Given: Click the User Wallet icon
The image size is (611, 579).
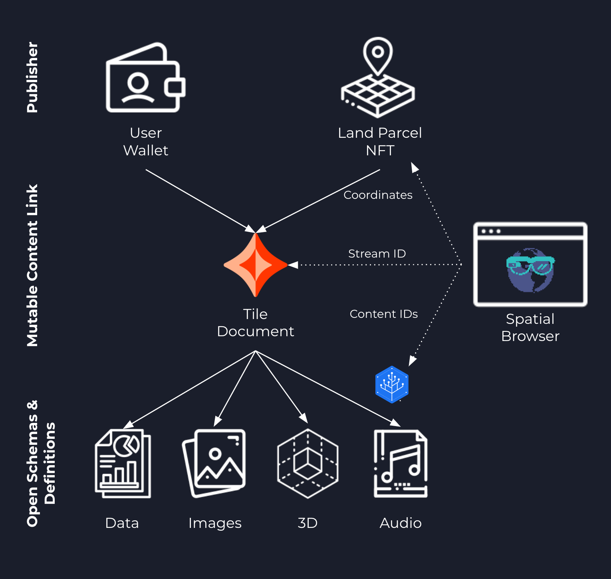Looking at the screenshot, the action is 145,77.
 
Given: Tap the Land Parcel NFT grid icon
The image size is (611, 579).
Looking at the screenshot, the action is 378,77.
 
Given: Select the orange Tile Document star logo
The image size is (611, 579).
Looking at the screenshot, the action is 256,265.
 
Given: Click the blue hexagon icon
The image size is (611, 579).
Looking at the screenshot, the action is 392,385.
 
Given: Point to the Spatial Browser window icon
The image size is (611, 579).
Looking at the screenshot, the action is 530,264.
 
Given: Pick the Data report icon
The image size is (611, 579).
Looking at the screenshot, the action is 123,463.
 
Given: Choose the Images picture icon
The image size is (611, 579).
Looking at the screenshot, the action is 214,463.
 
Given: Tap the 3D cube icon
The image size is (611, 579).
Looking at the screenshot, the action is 308,463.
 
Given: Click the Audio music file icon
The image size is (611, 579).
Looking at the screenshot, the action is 401,463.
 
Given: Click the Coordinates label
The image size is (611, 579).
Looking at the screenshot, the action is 378,195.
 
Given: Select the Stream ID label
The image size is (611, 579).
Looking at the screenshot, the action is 377,254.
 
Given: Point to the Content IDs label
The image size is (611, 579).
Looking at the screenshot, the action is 384,314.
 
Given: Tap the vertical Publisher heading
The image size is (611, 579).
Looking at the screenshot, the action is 32,77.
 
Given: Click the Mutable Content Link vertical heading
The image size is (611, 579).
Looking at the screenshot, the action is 32,265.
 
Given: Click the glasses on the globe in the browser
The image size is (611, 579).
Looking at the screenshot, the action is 530,264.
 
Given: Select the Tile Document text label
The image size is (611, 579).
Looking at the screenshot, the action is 256,323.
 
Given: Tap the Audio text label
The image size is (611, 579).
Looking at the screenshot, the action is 401,523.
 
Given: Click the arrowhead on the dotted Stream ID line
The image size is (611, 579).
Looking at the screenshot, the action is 293,265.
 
